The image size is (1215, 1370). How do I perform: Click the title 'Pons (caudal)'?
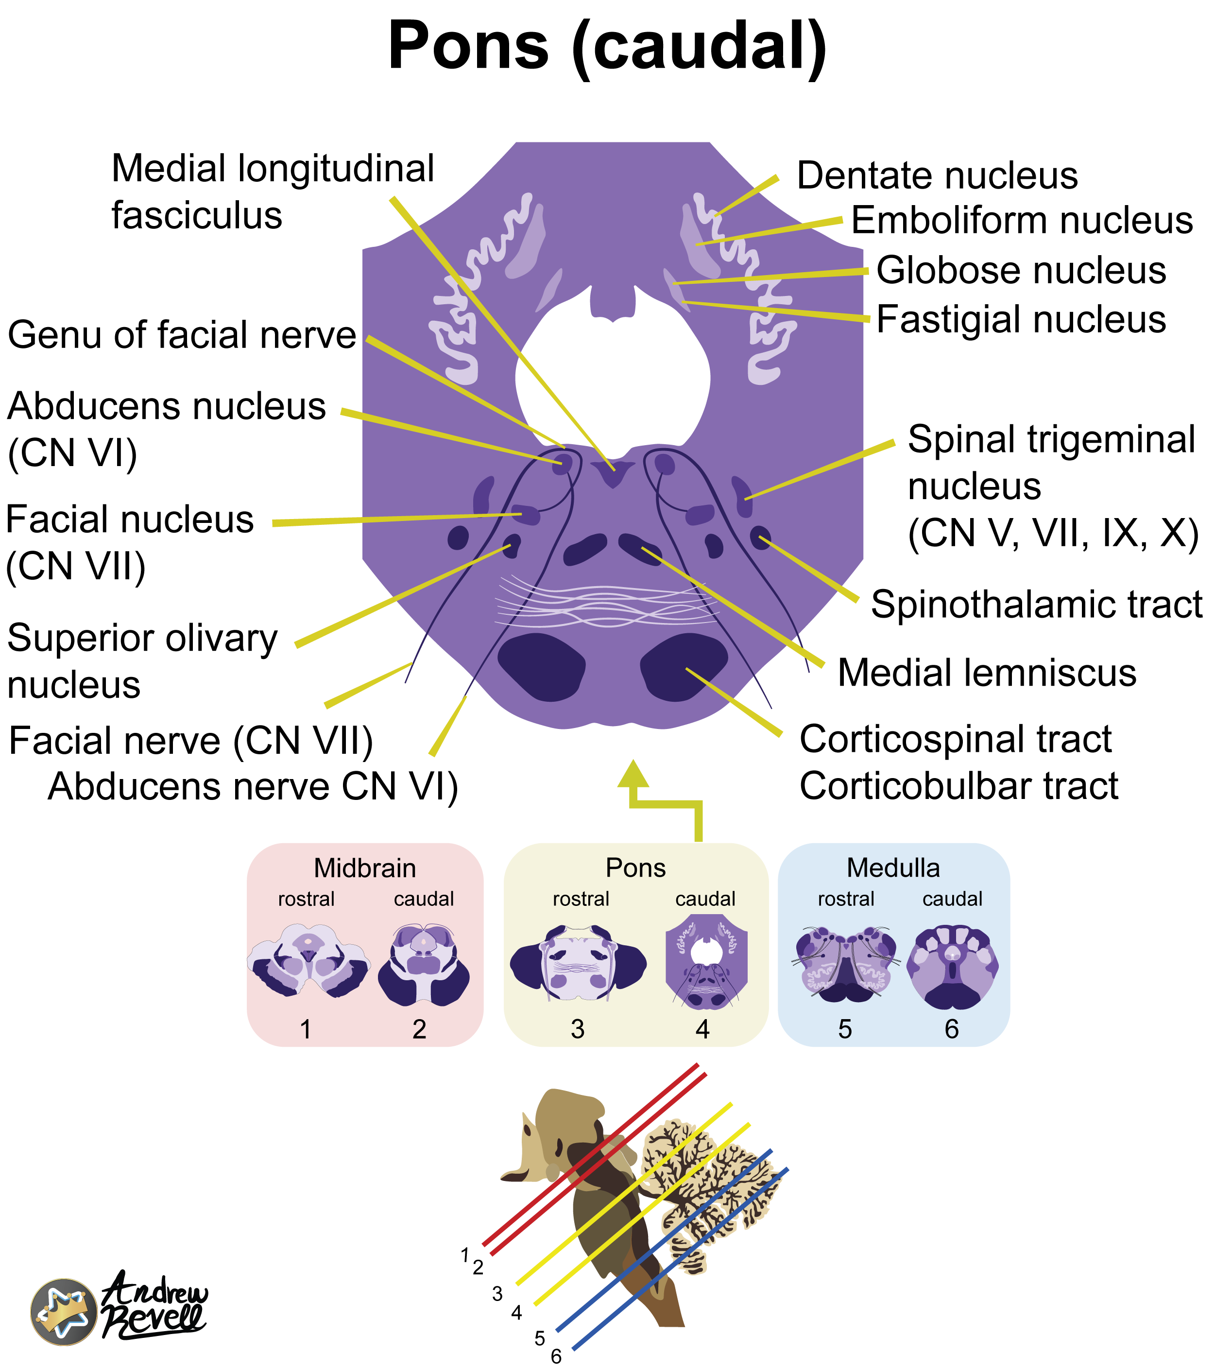coord(607,46)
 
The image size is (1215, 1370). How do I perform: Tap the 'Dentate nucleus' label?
coord(937,175)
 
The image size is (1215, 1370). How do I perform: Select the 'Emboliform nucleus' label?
coord(1021,221)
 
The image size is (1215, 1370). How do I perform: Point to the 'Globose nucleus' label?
coord(1021,270)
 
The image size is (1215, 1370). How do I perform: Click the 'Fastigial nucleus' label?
coord(1021,319)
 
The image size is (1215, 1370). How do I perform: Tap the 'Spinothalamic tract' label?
coord(1036,604)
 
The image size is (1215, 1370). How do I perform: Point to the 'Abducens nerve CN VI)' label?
coord(253,786)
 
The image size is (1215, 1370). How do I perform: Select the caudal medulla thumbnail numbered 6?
coord(952,966)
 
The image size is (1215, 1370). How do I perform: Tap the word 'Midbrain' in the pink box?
coord(364,868)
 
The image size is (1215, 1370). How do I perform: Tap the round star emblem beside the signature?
coord(64,1312)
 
